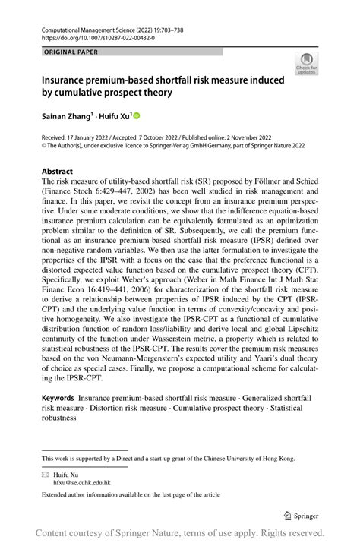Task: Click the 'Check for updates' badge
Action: (x=306, y=64)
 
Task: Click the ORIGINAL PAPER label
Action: (x=71, y=52)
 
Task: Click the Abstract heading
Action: (x=59, y=172)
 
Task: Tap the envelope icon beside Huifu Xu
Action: (x=46, y=473)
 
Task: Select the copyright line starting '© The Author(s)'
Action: (x=182, y=146)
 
